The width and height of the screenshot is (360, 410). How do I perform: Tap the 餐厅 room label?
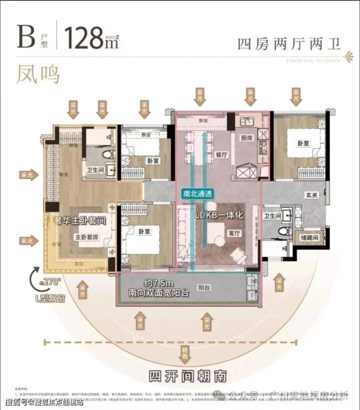click(221, 151)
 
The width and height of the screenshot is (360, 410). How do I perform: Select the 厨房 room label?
click(247, 138)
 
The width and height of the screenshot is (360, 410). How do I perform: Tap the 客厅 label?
click(234, 233)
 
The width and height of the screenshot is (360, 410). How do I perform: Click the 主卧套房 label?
click(87, 237)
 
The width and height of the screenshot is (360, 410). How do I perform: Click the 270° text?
click(52, 281)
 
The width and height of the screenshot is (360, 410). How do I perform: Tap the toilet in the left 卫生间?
click(106, 155)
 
